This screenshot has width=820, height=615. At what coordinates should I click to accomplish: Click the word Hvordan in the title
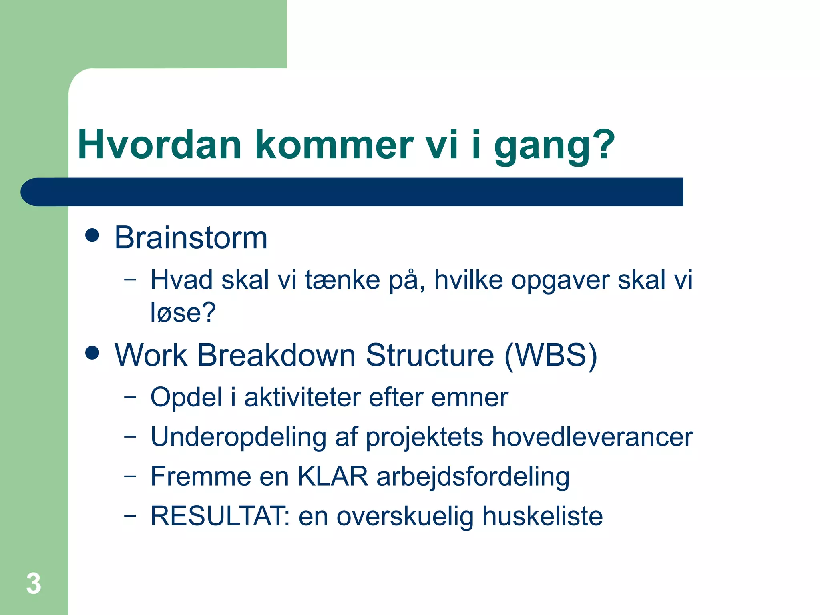coord(159,145)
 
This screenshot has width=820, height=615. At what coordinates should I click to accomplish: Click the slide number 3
coord(34,583)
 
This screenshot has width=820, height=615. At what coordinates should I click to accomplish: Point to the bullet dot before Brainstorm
coord(92,235)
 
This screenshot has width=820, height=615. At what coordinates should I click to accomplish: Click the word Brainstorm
coord(191,238)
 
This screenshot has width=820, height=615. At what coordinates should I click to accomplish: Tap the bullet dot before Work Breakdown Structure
coord(92,353)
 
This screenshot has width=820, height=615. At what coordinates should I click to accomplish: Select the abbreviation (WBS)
coord(551,355)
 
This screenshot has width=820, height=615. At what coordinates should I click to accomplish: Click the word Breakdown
coord(276,355)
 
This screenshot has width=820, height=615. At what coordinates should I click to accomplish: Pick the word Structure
coord(430,355)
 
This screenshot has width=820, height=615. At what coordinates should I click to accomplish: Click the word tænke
coord(342,280)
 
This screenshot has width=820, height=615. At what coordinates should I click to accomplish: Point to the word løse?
coord(183,313)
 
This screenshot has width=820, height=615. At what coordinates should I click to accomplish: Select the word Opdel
coord(186,397)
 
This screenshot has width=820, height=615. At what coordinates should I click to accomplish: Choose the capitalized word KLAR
coord(332,476)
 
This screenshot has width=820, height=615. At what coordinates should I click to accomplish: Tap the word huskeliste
coord(542,516)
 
